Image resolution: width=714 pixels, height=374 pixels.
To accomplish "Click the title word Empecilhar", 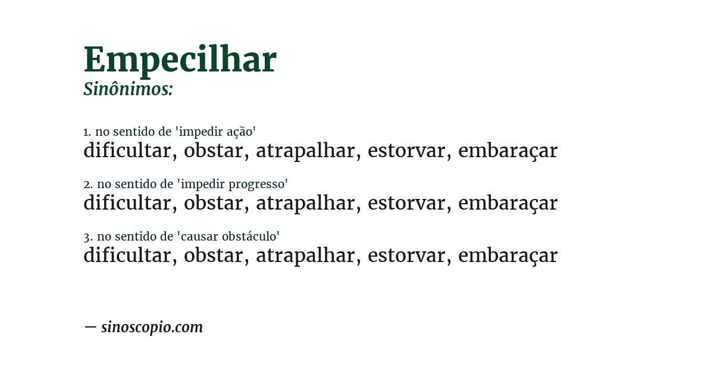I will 180,60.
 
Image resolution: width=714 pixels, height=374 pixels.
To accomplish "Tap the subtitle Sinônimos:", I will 128,89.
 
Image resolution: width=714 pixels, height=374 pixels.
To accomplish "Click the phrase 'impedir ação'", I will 217,132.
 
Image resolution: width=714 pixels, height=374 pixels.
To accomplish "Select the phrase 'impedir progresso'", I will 233,184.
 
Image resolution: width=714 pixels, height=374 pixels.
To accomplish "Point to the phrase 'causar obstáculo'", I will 228,236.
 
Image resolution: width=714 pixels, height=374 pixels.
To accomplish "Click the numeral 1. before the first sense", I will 87,132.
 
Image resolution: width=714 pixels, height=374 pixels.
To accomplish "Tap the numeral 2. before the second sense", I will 87,185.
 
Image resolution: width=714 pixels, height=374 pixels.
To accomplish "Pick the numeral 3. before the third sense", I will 87,237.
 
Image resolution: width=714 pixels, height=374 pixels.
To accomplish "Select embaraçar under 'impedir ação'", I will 508,151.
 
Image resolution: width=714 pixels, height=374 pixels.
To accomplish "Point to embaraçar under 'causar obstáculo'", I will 508,256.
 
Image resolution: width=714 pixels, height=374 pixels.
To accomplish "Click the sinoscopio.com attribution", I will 152,328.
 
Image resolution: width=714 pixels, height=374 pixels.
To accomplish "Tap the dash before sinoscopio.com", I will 90,327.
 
